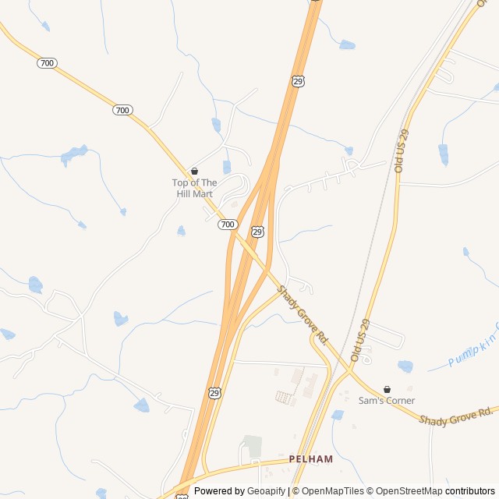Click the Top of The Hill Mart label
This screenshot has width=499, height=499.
194,188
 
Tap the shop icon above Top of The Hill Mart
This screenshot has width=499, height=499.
194,171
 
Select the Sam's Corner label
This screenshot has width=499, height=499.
387,401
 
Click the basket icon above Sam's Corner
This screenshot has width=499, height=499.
387,389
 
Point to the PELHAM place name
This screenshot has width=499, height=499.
310,459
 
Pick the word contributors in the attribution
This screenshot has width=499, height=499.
470,491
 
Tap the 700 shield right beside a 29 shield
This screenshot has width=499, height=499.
227,225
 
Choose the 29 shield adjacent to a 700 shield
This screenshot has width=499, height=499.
257,232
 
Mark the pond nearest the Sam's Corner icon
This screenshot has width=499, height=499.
405,366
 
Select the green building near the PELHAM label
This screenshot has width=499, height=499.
252,446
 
